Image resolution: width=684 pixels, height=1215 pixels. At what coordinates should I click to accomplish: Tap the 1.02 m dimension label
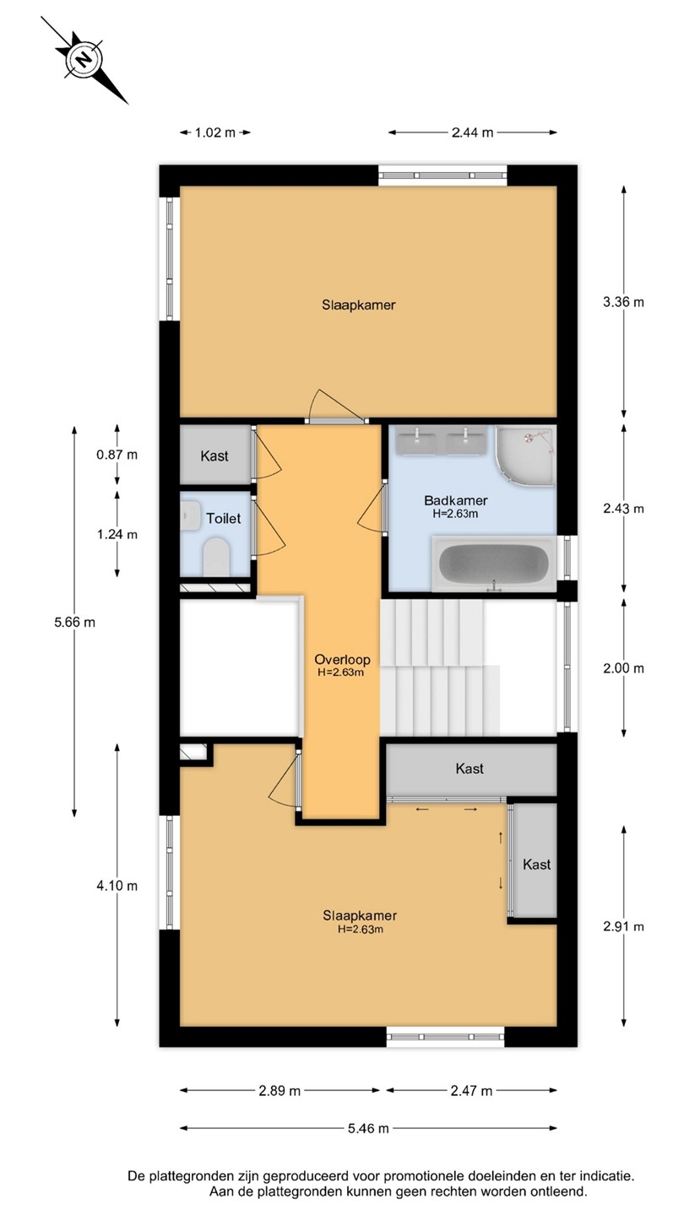tap(215, 132)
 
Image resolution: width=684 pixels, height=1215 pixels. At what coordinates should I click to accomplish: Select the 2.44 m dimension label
tap(472, 132)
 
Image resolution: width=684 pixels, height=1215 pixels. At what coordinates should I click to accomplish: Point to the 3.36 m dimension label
tap(623, 302)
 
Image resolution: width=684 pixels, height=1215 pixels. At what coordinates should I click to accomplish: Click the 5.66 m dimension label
tap(74, 622)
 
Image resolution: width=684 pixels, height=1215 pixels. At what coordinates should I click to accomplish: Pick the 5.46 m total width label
tap(368, 1128)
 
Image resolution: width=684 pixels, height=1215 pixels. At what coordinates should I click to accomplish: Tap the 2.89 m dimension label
tap(280, 1090)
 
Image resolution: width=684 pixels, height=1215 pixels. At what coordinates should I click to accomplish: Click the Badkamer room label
tap(456, 500)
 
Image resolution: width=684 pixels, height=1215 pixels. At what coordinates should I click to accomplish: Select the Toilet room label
tap(223, 519)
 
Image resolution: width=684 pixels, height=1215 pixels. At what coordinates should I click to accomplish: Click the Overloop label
tap(343, 660)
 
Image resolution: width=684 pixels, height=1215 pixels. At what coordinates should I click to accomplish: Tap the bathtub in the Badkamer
tap(493, 564)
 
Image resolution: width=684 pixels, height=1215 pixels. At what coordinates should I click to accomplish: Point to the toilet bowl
tap(216, 557)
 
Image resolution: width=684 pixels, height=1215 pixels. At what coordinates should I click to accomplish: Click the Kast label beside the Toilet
tap(214, 456)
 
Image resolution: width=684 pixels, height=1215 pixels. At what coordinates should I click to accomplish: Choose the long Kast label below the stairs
tap(470, 768)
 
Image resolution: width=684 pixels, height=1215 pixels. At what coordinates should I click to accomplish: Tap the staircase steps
tap(440, 667)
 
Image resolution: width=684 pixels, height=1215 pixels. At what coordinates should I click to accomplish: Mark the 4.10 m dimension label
tap(117, 886)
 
